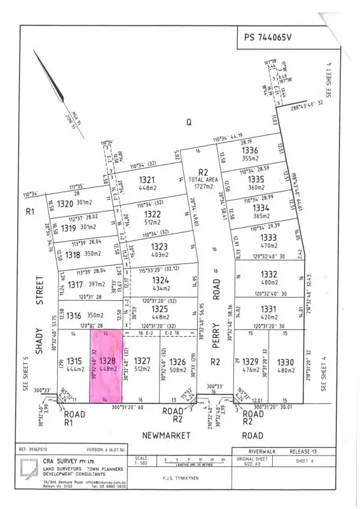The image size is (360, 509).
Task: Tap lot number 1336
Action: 250,150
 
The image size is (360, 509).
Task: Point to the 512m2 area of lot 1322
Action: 152,222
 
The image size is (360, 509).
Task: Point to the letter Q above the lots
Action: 188,123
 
